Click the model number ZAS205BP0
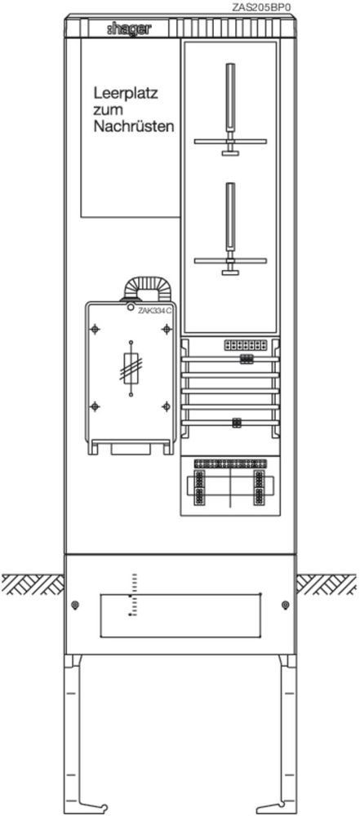pyautogui.click(x=261, y=8)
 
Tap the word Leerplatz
pyautogui.click(x=126, y=95)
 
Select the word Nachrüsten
pyautogui.click(x=134, y=126)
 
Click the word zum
pyautogui.click(x=108, y=111)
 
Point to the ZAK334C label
pyautogui.click(x=155, y=310)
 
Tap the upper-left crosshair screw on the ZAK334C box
pyautogui.click(x=95, y=330)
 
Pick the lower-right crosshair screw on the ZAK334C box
pyautogui.click(x=167, y=406)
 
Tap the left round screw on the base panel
pyautogui.click(x=76, y=605)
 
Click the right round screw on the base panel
pyautogui.click(x=284, y=605)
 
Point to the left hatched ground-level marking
pyautogui.click(x=33, y=584)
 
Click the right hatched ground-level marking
pyautogui.click(x=327, y=584)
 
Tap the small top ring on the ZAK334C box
pyautogui.click(x=131, y=307)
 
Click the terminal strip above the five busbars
pyautogui.click(x=246, y=345)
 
